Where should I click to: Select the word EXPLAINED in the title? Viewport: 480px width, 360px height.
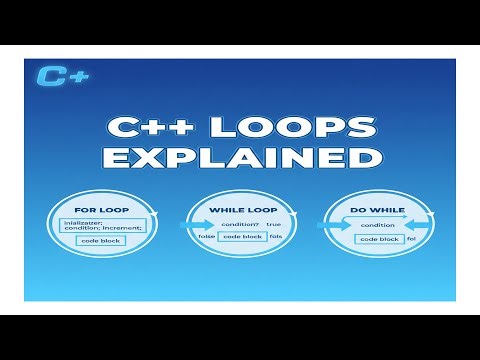pos(240,159)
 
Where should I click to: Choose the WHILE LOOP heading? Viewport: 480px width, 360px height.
pos(243,209)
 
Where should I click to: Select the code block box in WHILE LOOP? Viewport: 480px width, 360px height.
pos(243,236)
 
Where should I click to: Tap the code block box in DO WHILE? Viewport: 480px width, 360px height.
pos(379,239)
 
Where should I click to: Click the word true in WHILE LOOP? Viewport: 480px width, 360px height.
pos(274,223)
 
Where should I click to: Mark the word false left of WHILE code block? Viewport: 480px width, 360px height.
pos(206,237)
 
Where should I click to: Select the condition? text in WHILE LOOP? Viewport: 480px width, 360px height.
pos(241,223)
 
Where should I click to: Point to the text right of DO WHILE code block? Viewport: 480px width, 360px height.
pos(410,239)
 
